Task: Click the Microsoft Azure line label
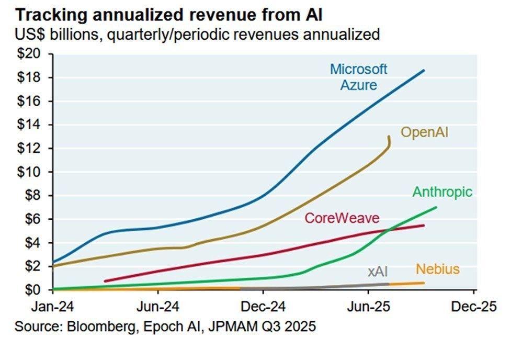click(x=358, y=76)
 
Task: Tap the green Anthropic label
click(x=442, y=192)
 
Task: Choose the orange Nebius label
click(x=438, y=270)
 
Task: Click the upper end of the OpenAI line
click(x=389, y=137)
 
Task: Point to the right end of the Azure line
click(x=424, y=70)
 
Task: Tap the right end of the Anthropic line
click(x=436, y=207)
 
